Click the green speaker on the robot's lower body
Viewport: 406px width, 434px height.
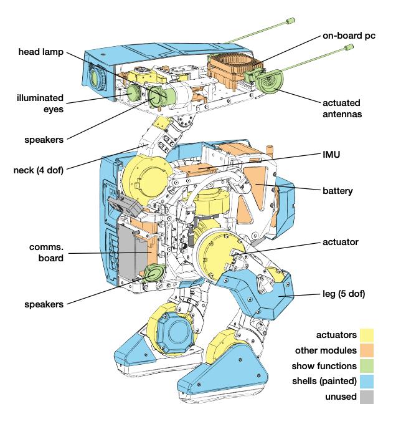(x=153, y=273)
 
